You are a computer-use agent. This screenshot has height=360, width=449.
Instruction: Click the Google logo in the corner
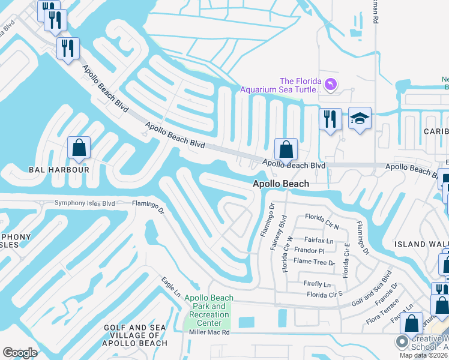click(x=20, y=353)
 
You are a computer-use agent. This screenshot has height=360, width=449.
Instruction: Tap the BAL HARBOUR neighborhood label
click(x=59, y=170)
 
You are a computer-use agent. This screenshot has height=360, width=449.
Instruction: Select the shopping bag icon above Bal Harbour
click(x=79, y=148)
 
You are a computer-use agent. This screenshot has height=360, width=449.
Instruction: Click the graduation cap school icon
click(x=360, y=119)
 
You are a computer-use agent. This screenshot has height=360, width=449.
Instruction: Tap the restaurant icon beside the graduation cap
click(x=330, y=119)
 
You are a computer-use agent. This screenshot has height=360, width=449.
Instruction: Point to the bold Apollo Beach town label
click(x=281, y=184)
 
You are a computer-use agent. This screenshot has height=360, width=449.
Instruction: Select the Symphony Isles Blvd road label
click(x=84, y=203)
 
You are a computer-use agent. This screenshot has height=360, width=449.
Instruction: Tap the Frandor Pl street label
click(x=309, y=250)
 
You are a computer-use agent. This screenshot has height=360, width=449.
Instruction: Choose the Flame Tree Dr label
click(x=314, y=262)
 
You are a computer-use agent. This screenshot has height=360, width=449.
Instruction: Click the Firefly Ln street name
click(x=318, y=284)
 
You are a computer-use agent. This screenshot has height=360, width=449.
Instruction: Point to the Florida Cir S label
click(x=324, y=295)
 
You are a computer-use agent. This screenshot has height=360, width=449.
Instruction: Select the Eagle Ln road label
click(x=170, y=286)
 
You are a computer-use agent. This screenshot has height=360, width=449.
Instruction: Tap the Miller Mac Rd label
click(x=209, y=332)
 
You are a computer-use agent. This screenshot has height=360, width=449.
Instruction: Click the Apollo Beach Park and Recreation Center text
click(x=206, y=311)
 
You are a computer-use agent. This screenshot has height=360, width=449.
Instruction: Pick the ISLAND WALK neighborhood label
click(x=420, y=244)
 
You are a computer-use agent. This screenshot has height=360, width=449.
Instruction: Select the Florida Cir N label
click(x=322, y=221)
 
